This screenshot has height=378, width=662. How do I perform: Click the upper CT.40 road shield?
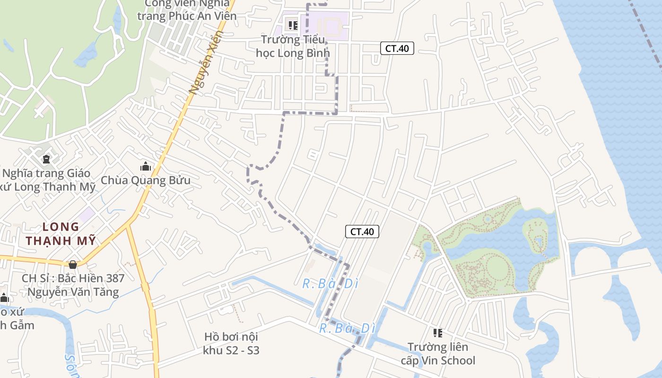397,48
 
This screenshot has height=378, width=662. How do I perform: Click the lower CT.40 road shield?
362,232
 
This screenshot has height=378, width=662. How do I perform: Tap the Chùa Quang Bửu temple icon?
146,166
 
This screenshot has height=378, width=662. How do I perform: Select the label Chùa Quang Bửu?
146,180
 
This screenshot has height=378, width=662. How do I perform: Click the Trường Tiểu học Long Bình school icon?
293,25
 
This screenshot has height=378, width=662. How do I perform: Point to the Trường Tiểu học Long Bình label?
293,46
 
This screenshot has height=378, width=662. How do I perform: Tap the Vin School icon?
438,333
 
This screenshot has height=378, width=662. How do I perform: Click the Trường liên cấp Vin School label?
438,354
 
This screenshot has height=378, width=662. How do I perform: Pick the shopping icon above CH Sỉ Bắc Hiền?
73,265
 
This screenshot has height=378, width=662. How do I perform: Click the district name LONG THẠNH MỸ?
61,233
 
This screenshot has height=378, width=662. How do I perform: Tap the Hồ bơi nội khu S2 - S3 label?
231,344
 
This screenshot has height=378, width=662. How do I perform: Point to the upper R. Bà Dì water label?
330,284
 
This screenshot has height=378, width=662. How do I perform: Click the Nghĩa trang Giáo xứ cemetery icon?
46,159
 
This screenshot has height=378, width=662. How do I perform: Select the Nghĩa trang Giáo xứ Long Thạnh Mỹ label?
47,180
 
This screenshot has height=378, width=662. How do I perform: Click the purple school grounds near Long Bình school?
331,24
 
